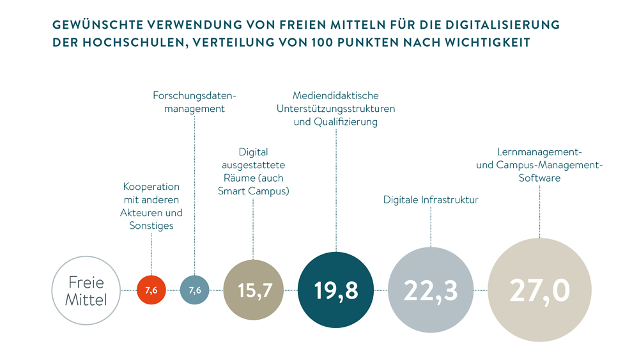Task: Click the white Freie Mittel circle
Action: click(x=86, y=291)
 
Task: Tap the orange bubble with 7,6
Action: click(x=151, y=290)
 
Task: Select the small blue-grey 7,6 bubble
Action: click(x=194, y=290)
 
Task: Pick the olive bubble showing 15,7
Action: click(x=254, y=290)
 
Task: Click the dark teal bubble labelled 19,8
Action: click(x=336, y=290)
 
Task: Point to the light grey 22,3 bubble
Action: click(x=431, y=290)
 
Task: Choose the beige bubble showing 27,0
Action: click(x=539, y=290)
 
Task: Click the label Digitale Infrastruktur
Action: click(x=431, y=200)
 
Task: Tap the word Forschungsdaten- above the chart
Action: click(x=194, y=95)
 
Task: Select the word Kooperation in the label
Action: click(x=151, y=187)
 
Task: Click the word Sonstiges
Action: click(x=151, y=226)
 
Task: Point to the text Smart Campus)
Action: click(x=254, y=191)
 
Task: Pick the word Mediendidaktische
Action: click(x=335, y=95)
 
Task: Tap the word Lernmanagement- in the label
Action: click(x=539, y=152)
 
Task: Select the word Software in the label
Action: click(x=539, y=178)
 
